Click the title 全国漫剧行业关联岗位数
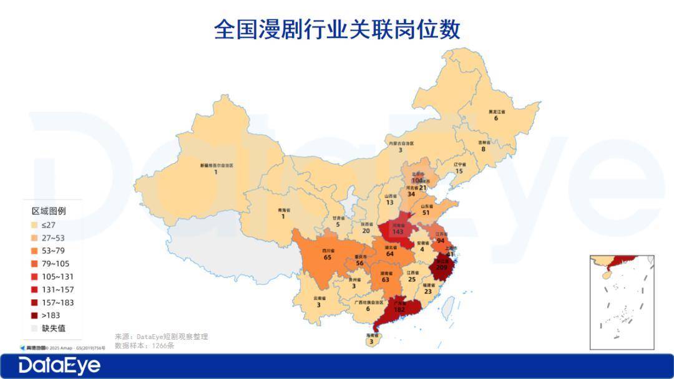pyautogui.click(x=337, y=29)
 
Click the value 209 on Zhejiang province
pyautogui.click(x=442, y=268)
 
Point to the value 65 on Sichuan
pyautogui.click(x=327, y=257)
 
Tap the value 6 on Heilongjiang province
pyautogui.click(x=496, y=118)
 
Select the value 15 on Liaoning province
pyautogui.click(x=459, y=171)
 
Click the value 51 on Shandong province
pyautogui.click(x=426, y=213)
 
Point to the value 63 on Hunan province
pyautogui.click(x=385, y=280)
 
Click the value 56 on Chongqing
pyautogui.click(x=359, y=264)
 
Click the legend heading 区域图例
pyautogui.click(x=49, y=211)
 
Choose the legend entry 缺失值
pyautogui.click(x=54, y=329)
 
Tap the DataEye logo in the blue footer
pyautogui.click(x=59, y=366)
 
